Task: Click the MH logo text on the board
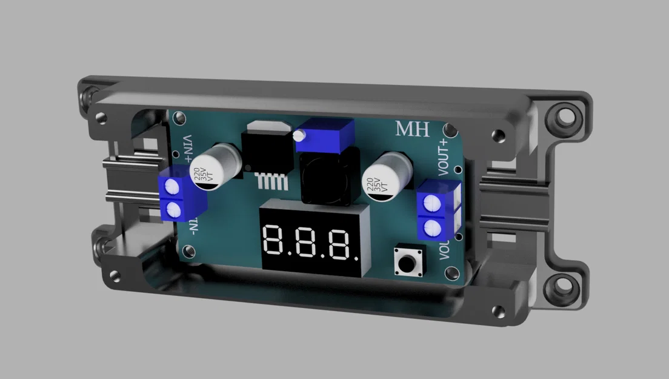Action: coord(413,130)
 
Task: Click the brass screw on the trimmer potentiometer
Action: coord(299,137)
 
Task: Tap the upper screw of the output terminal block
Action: coord(433,203)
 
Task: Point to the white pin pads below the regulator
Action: coord(271,181)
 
